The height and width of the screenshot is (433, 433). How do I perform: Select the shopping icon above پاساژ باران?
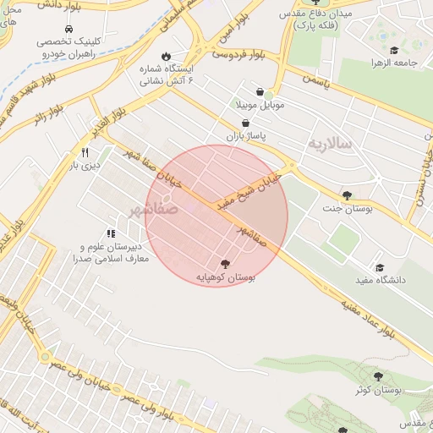click(x=245, y=122)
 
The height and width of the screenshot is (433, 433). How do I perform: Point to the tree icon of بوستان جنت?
click(x=347, y=195)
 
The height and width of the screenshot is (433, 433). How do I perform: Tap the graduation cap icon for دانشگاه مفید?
click(x=379, y=267)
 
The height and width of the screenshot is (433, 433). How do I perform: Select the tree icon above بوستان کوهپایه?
click(x=224, y=264)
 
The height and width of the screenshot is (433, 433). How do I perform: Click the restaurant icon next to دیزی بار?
click(x=85, y=152)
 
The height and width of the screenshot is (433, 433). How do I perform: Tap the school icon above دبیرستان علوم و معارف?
click(x=110, y=233)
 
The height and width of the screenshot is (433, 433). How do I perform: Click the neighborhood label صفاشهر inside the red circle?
click(x=153, y=208)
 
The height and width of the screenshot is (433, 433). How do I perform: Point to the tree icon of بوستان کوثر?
click(x=377, y=376)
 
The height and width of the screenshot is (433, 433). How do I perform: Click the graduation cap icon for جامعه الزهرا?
click(x=394, y=50)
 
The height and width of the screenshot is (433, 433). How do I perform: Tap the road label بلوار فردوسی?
click(x=238, y=56)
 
